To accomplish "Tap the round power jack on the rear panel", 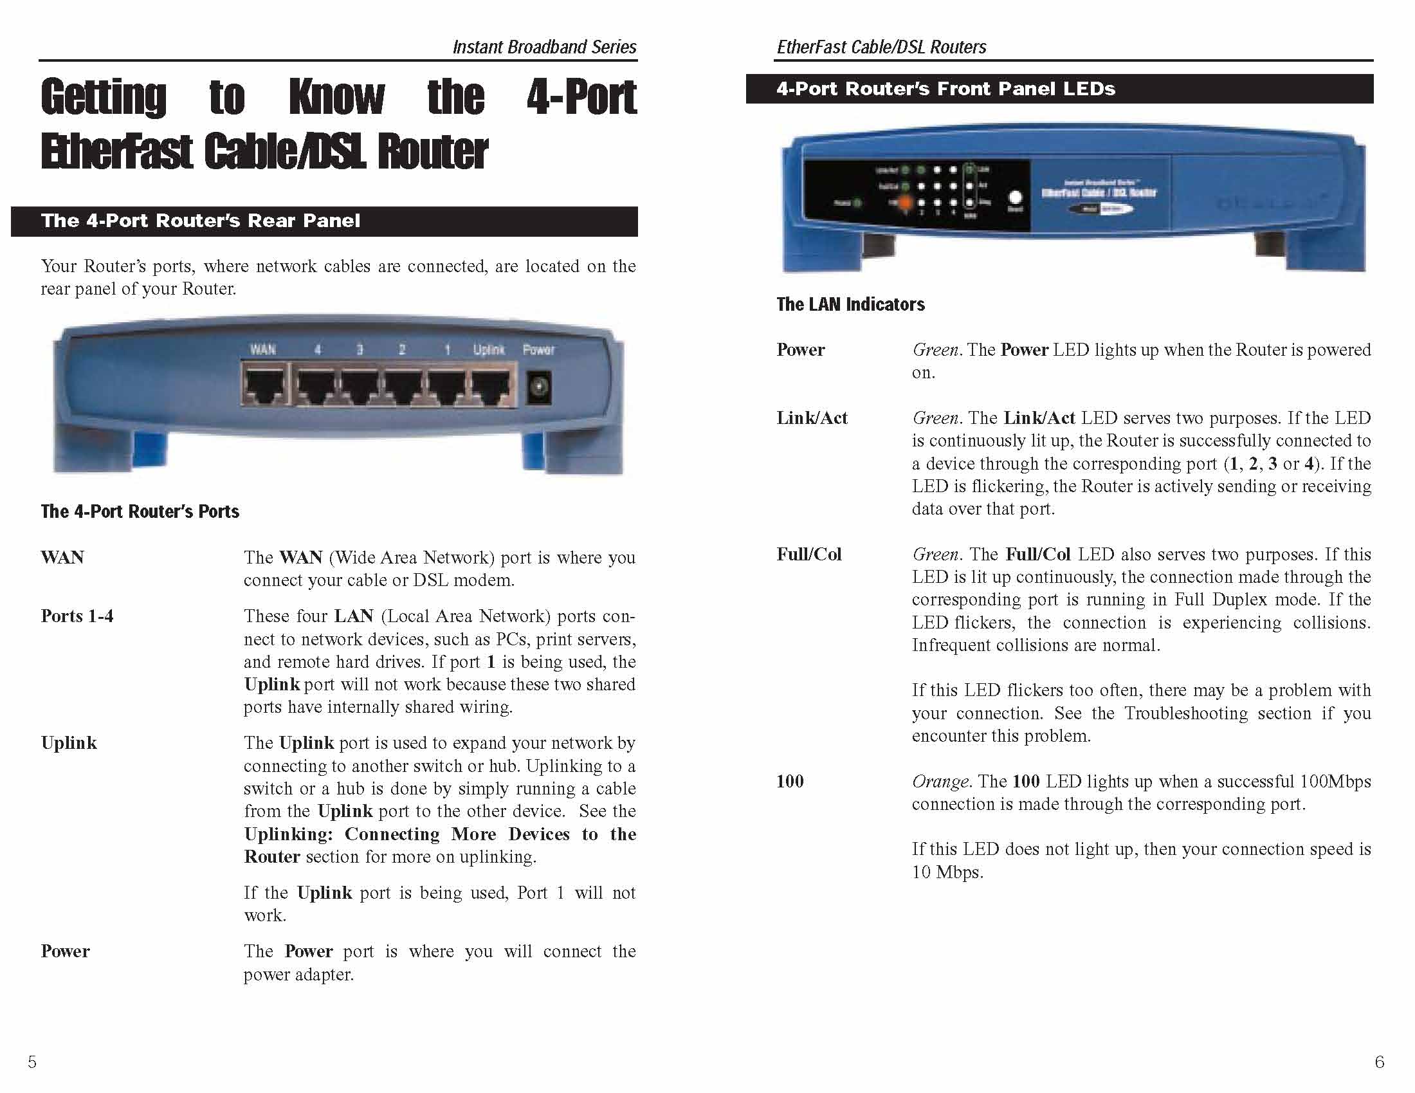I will click(x=538, y=387).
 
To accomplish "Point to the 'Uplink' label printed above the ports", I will click(x=489, y=350).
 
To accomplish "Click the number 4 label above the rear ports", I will click(x=318, y=350).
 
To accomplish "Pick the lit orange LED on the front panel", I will click(x=904, y=202).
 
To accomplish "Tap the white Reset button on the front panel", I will click(x=1015, y=197).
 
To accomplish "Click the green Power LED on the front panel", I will click(x=857, y=203).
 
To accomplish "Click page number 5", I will click(x=32, y=1061).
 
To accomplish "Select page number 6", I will click(x=1379, y=1062).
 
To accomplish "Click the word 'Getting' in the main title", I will click(x=104, y=97).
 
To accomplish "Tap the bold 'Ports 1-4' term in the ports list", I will click(x=77, y=616).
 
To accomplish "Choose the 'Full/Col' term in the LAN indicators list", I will click(x=808, y=554).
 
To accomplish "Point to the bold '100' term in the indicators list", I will click(x=790, y=781).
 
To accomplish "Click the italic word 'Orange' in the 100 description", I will click(x=940, y=781).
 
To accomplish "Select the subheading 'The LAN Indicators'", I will click(x=850, y=304).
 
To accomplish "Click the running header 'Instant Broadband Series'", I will click(x=544, y=47).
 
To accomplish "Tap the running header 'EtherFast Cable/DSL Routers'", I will click(x=881, y=47).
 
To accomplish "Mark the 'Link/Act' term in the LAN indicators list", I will click(x=812, y=418).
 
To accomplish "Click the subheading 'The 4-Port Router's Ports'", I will click(x=140, y=511).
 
